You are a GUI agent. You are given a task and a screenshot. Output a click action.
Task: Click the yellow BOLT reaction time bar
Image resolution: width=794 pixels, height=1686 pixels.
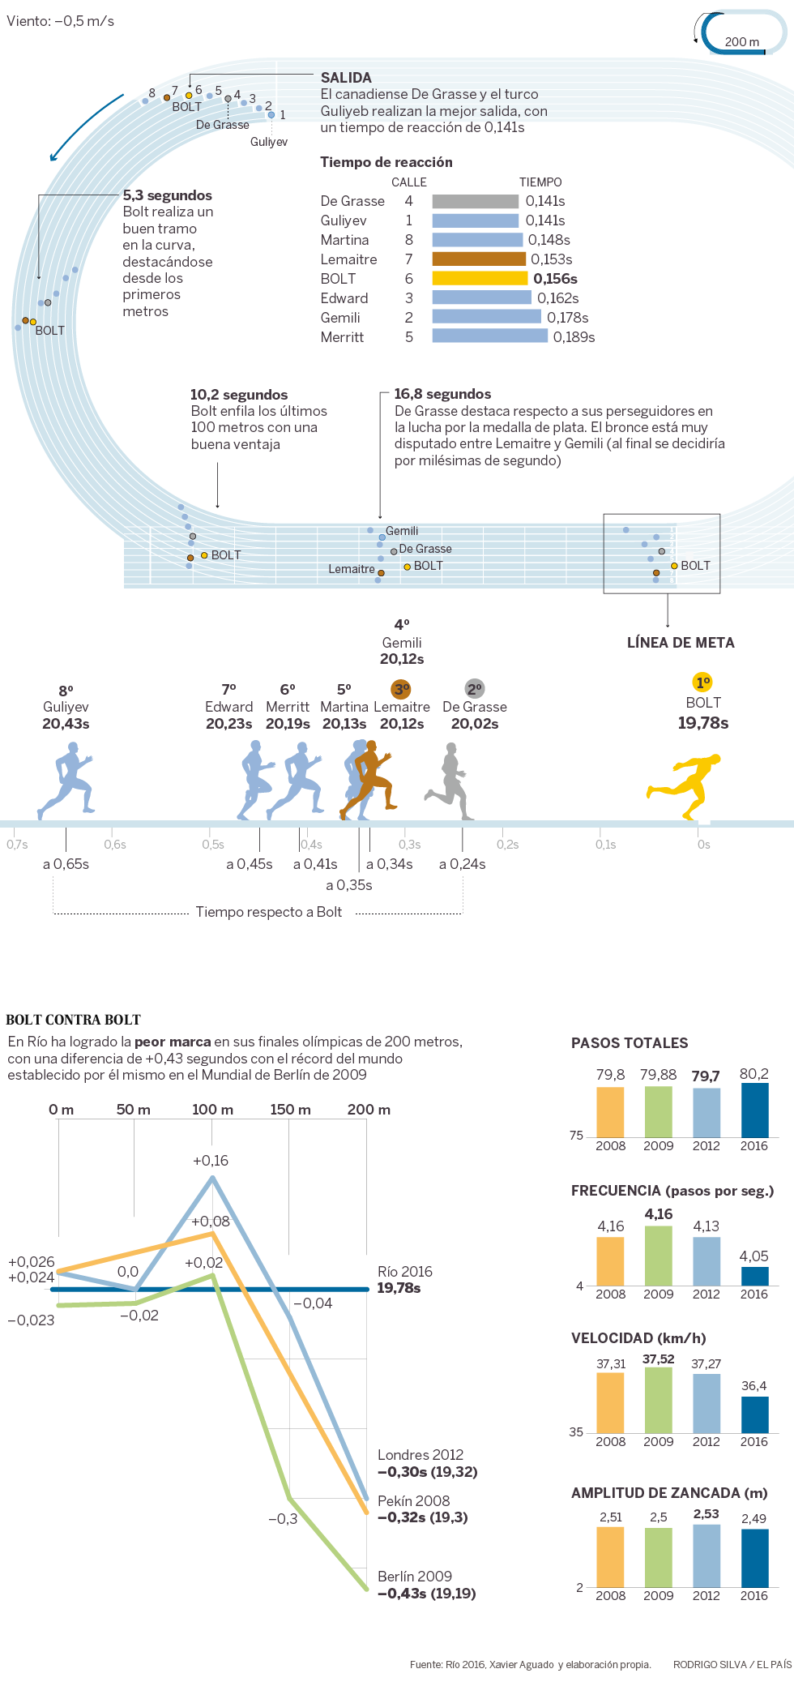[x=480, y=278]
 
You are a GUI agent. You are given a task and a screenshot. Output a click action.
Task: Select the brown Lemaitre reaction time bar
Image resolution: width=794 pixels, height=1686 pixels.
[x=479, y=259]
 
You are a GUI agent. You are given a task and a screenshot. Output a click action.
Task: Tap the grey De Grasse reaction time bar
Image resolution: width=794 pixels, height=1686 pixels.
[x=475, y=201]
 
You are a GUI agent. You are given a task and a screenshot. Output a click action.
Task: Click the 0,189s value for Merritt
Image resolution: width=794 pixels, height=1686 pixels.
[x=574, y=337]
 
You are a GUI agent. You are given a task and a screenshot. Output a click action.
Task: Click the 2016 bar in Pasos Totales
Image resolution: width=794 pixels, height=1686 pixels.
[x=754, y=1110]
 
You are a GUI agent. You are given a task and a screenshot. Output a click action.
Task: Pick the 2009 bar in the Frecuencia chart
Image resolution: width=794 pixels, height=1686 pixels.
[x=659, y=1255]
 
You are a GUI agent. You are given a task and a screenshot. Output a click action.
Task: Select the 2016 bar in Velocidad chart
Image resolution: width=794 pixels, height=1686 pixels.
[x=754, y=1414]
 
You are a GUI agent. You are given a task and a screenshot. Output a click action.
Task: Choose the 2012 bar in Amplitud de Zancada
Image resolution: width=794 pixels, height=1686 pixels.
[x=706, y=1555]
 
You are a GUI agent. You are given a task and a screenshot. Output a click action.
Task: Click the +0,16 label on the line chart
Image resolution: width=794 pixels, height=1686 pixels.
[x=211, y=1161]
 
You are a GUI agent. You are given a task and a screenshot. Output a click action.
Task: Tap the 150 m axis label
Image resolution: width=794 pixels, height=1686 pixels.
[x=290, y=1110]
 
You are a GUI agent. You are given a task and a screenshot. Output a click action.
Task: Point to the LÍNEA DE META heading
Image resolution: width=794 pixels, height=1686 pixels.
[x=681, y=643]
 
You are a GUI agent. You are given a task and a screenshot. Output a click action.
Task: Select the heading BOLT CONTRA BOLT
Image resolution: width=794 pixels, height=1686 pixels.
[x=74, y=1020]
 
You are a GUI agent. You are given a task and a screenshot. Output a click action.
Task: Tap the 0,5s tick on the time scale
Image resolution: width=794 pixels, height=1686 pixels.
[x=213, y=845]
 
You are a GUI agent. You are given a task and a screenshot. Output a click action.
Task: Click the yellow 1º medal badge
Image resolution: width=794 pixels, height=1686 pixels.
[x=703, y=683]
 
